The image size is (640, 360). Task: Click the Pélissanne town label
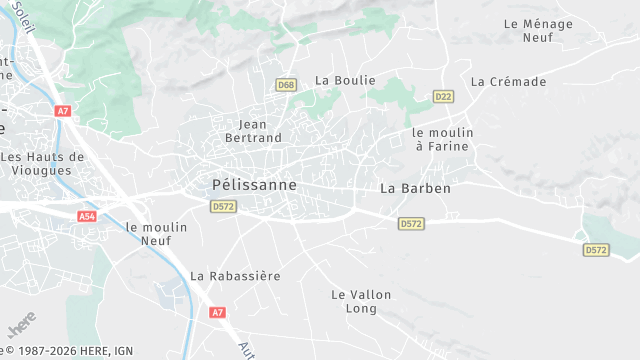[x=254, y=185]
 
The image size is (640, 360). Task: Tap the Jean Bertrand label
[x=254, y=131]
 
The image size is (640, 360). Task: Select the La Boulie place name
[x=345, y=80]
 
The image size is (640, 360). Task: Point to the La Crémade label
[x=509, y=82]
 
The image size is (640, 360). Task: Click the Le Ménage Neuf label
[x=537, y=30]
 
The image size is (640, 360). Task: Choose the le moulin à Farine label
[x=440, y=139]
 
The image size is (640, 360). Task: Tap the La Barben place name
[x=416, y=188]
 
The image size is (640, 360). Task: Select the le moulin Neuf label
[x=157, y=234]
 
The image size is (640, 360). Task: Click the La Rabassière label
[x=235, y=275]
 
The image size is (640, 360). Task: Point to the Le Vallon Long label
[x=361, y=301]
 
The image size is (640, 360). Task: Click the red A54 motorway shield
[x=87, y=216]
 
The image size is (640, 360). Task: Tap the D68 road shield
[x=287, y=85]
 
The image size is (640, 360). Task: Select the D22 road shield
[x=443, y=96]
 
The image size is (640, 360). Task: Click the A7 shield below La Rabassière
[x=218, y=313]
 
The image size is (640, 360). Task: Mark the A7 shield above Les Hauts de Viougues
[x=63, y=111]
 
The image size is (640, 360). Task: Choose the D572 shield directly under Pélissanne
[x=223, y=206]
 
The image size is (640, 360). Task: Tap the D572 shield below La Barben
[x=410, y=224]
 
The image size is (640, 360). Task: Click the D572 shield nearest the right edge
[x=596, y=250]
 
